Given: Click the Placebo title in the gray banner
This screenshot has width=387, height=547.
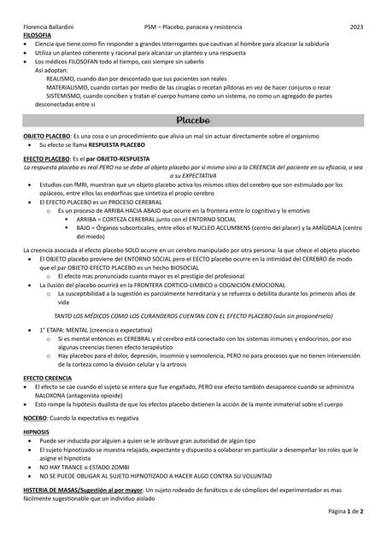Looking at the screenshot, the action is point(193,121).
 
